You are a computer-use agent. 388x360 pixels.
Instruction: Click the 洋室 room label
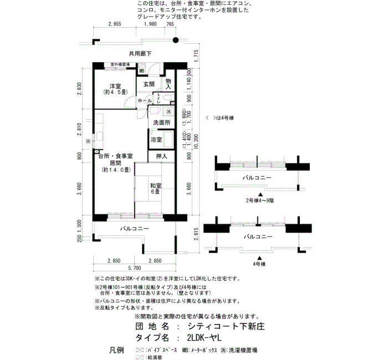coord(115,85)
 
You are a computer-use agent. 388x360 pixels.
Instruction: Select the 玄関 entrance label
coord(149,84)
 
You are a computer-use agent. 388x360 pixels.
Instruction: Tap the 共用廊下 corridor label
coord(140,54)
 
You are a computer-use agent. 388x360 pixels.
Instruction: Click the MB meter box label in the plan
coord(141,71)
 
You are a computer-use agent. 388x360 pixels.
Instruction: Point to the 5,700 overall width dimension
coord(134,268)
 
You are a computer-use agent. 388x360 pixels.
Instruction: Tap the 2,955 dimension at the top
coord(114,24)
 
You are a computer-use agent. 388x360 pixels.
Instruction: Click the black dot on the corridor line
coord(176,40)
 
